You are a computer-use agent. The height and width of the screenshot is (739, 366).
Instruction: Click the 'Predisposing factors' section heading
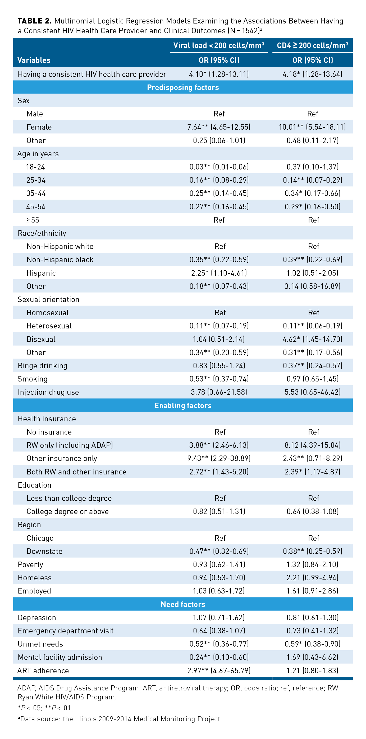point(183,87)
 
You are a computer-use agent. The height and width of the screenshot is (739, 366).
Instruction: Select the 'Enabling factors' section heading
point(183,405)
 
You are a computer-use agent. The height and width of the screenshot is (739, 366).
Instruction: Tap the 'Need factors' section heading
point(183,604)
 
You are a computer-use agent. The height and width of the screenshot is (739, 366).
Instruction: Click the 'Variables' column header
point(34,60)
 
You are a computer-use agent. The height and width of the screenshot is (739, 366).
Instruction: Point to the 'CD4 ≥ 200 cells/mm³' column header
point(312,45)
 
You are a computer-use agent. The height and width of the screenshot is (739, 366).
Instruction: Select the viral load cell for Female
point(219,127)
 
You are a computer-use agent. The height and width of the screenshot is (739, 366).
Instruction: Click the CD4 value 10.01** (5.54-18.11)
point(312,127)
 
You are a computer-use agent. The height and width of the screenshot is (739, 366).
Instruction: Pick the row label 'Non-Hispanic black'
point(60,260)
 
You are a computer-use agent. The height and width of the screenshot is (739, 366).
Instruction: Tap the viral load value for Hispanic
point(219,273)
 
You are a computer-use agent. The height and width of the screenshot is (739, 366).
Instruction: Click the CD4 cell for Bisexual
point(312,339)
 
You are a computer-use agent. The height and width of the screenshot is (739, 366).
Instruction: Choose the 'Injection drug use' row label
point(48,392)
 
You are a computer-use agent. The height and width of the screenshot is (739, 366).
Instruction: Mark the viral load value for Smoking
point(219,379)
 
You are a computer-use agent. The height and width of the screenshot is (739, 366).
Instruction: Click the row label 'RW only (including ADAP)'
point(70,445)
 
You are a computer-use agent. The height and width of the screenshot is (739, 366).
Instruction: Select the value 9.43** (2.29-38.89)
point(219,458)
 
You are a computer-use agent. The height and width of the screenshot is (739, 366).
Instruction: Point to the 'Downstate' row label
point(44,551)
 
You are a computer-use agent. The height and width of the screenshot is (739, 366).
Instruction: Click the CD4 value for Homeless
point(312,577)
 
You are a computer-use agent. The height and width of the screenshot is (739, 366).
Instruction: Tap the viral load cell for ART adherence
point(219,670)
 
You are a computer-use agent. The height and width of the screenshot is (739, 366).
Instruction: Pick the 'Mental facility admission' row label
point(60,657)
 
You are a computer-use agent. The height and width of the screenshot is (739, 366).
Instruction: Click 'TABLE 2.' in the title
point(34,21)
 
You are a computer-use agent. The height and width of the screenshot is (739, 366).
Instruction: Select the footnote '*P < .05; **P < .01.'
point(45,708)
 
